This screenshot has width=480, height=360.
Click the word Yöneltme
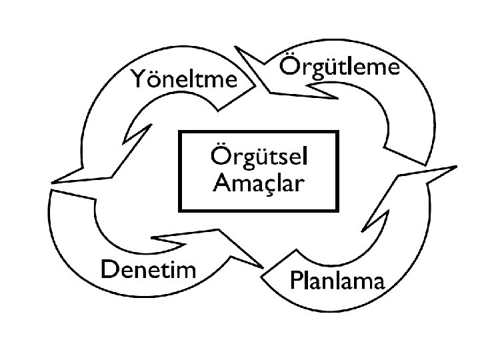pyautogui.click(x=184, y=79)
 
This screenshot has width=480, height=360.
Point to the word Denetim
pyautogui.click(x=148, y=269)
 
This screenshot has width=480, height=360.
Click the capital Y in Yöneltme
pyautogui.click(x=139, y=79)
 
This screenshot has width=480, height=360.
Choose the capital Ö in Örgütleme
pyautogui.click(x=288, y=67)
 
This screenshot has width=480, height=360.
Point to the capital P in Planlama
pyautogui.click(x=296, y=281)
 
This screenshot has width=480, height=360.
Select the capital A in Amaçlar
pyautogui.click(x=220, y=182)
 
